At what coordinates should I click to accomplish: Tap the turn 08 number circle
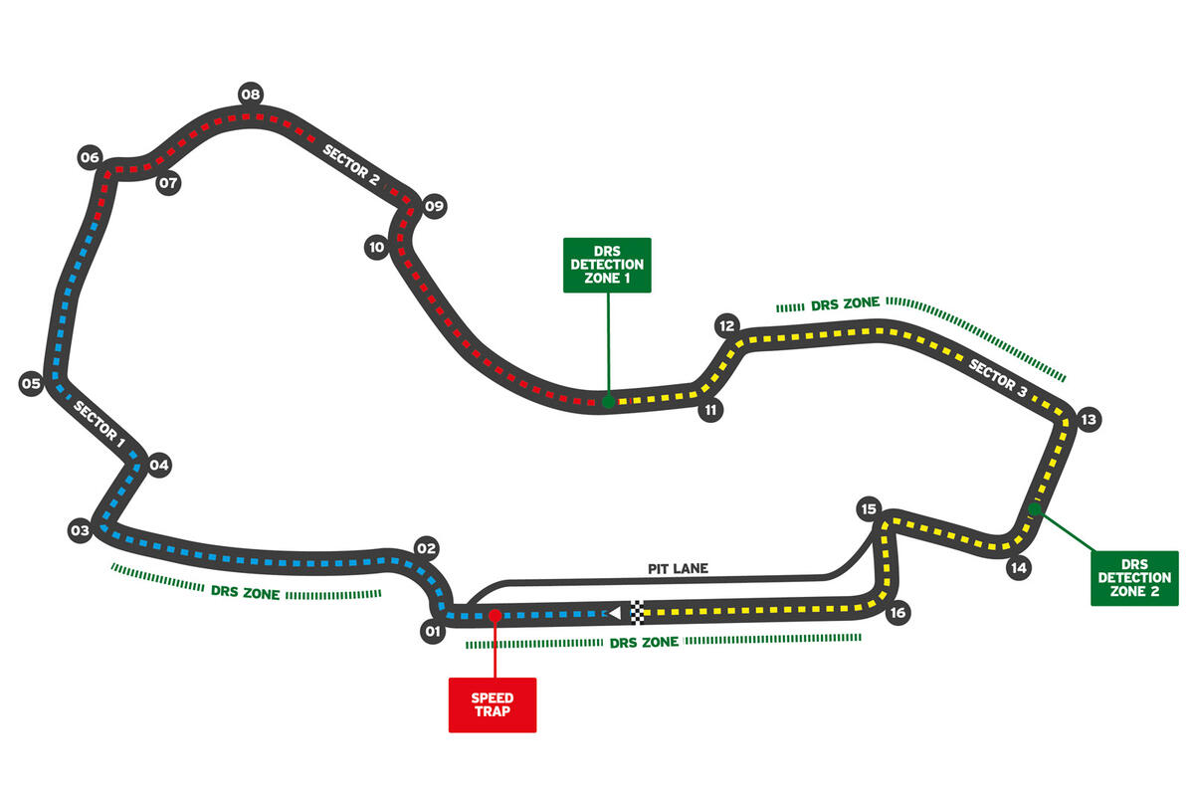click(250, 96)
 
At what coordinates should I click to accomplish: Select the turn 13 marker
click(1088, 419)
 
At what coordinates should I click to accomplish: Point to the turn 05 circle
click(31, 383)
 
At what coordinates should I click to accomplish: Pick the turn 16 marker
click(897, 613)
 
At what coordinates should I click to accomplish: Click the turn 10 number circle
click(375, 247)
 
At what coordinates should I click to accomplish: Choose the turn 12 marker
click(726, 325)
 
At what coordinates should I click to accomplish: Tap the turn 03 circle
click(80, 531)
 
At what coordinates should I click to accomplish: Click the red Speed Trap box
click(493, 704)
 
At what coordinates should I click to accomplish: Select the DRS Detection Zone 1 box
click(607, 265)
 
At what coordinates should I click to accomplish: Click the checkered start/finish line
click(638, 612)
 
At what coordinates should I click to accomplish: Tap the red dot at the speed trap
click(495, 616)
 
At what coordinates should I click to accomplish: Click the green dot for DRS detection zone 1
click(607, 402)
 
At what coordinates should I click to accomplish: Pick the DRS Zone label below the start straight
click(646, 643)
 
